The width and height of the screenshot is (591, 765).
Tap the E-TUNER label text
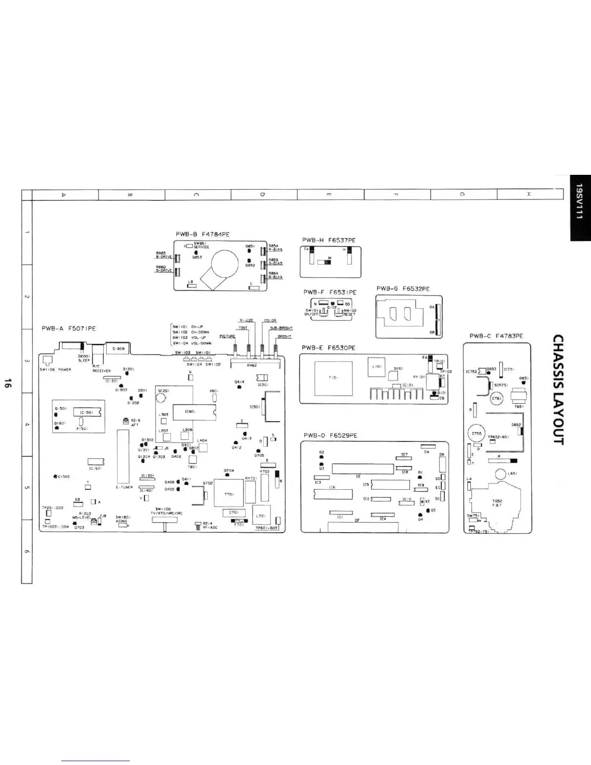[x=124, y=487]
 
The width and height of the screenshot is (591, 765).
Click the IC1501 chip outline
[x=87, y=412]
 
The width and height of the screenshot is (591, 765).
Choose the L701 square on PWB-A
[x=262, y=515]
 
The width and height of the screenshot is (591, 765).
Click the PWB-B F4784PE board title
[x=202, y=234]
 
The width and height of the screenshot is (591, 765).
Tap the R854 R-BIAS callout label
[x=275, y=248]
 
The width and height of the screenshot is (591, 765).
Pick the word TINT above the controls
[x=243, y=327]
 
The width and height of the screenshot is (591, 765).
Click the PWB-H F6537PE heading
[x=329, y=240]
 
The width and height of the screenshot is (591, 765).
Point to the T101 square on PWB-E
[x=333, y=378]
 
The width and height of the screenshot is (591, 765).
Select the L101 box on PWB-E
[x=376, y=367]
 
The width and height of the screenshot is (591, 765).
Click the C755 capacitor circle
[x=477, y=434]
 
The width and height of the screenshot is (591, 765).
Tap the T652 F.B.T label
[x=497, y=503]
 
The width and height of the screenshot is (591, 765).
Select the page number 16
[x=8, y=384]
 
